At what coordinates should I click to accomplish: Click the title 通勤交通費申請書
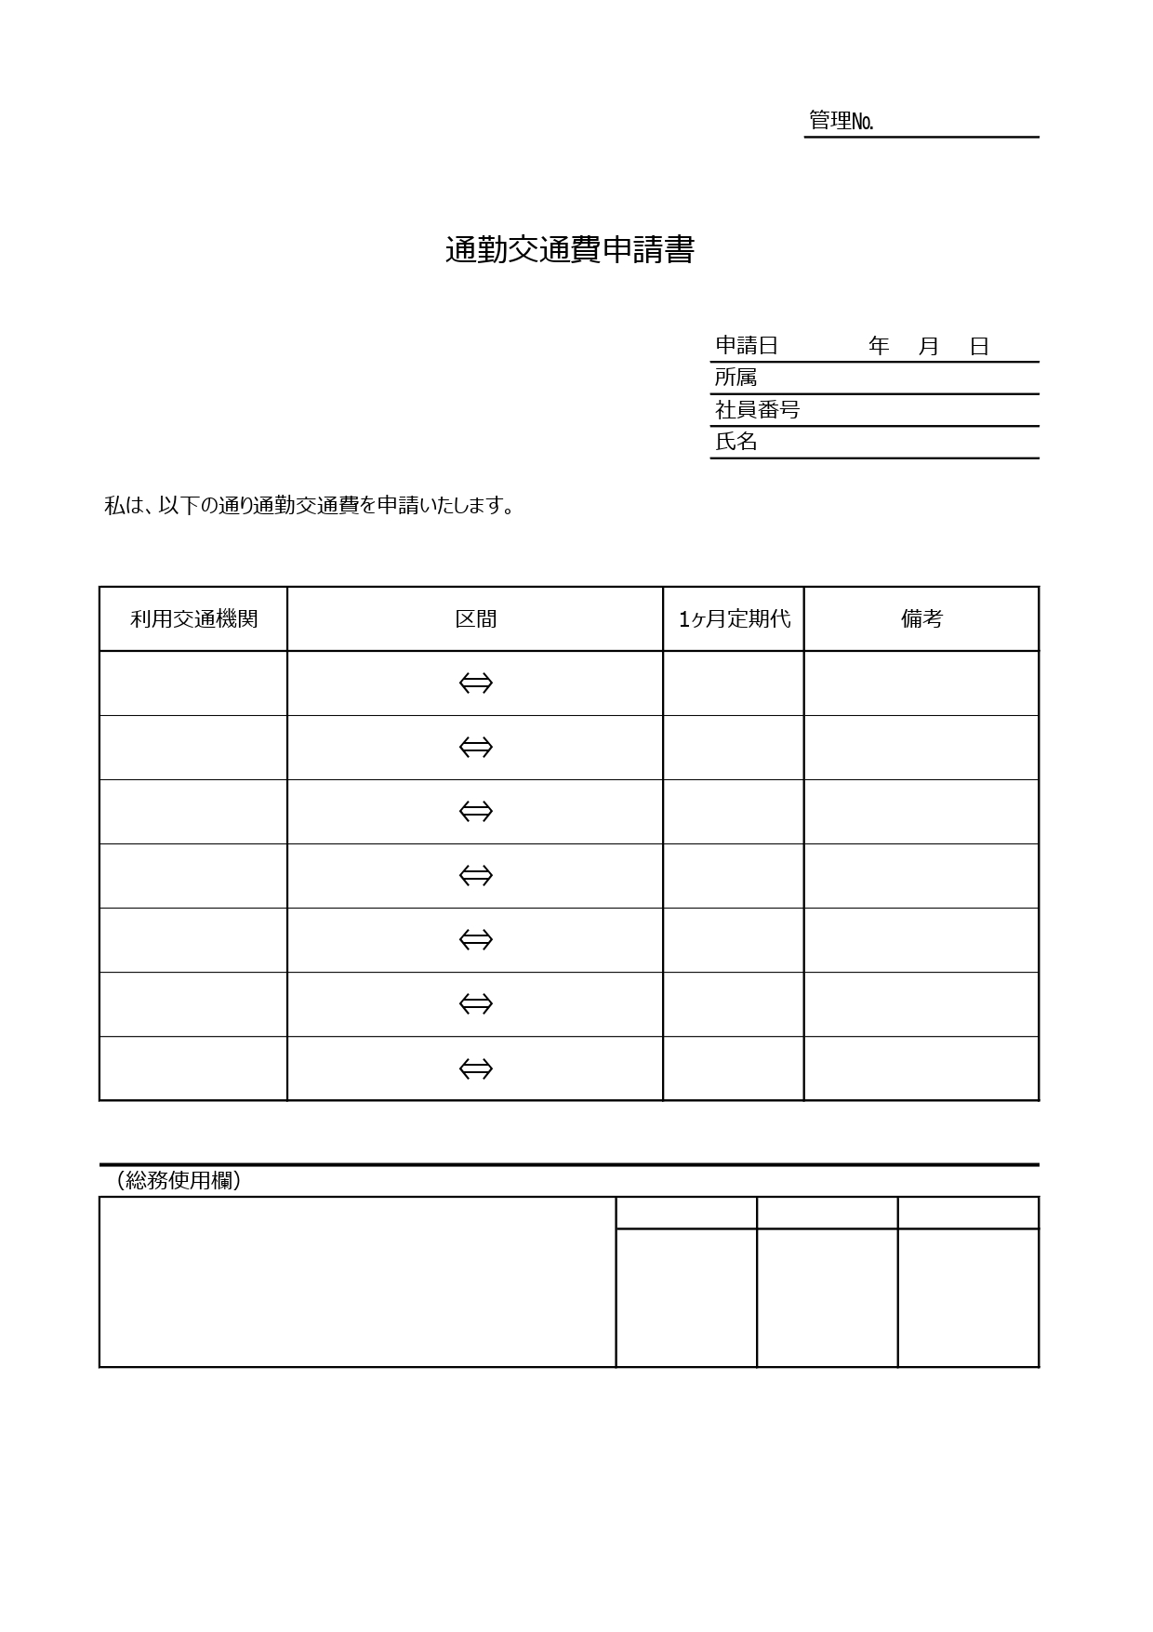tap(569, 251)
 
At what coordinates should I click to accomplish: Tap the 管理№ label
tap(841, 121)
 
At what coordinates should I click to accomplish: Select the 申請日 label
tap(746, 346)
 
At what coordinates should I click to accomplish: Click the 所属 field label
tap(736, 378)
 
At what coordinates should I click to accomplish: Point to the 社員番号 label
tap(757, 409)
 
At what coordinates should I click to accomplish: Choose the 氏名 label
tap(736, 442)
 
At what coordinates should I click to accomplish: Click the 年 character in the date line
tap(879, 346)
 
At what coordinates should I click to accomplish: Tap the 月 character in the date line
tap(929, 346)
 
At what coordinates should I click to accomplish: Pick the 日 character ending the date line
tap(979, 346)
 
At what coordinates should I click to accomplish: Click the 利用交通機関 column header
tap(193, 619)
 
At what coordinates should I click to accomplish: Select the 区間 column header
tap(475, 619)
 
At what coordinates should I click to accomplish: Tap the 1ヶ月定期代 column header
tap(734, 619)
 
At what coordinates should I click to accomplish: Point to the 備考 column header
tap(921, 619)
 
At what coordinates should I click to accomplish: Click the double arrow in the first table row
tap(475, 683)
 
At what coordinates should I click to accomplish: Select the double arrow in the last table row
tap(475, 1068)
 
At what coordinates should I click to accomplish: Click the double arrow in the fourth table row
tap(475, 876)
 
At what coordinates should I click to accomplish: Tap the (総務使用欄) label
tap(179, 1180)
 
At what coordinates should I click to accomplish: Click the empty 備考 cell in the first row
tap(921, 683)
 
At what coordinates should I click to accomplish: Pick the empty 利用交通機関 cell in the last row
tap(193, 1068)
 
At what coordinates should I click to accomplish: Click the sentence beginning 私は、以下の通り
tap(310, 506)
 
